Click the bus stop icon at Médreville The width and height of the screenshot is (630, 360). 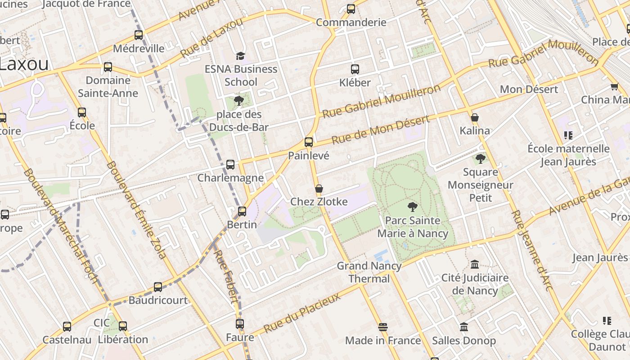point(139,35)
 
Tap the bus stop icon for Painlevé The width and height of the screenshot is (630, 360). point(309,142)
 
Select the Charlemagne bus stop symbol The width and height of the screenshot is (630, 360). point(230,165)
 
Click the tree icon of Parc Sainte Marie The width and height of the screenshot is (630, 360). point(412,207)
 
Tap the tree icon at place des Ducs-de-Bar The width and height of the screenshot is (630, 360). point(239,101)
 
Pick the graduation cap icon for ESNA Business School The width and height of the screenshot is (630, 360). point(241,56)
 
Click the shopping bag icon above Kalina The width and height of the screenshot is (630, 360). point(475,118)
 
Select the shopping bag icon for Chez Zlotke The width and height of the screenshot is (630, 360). point(319,189)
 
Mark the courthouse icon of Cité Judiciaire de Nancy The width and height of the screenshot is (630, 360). point(474,264)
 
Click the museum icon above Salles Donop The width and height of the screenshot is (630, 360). point(464,327)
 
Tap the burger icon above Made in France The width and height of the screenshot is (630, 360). point(383,327)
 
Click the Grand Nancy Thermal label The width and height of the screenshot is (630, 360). point(369,272)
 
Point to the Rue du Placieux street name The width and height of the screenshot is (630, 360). point(302,313)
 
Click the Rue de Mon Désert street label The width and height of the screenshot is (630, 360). point(380,130)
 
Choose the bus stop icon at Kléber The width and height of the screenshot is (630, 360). point(355,69)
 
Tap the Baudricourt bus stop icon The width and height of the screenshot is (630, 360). point(158,287)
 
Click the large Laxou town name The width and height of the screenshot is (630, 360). point(23,64)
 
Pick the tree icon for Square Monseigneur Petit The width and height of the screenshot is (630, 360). point(481,158)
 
